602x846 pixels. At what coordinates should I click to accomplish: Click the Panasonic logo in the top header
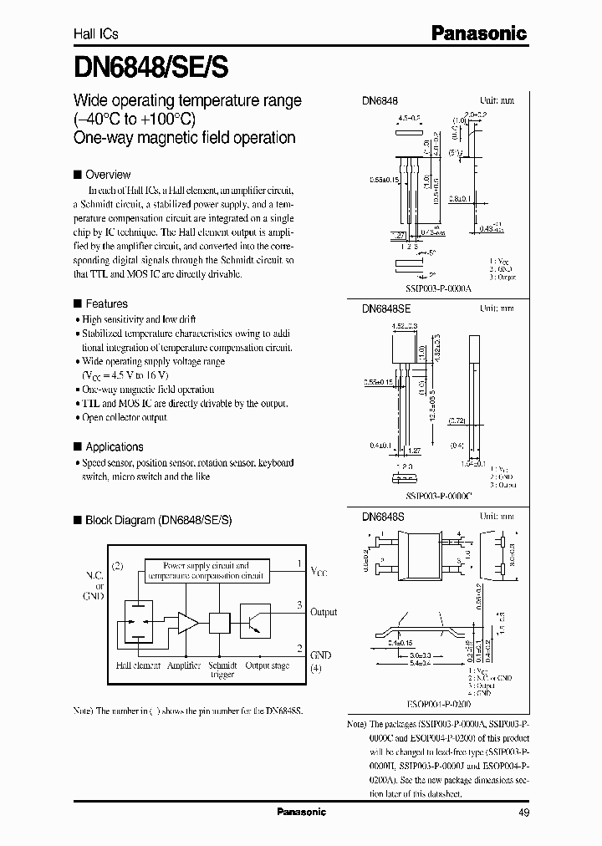point(479,33)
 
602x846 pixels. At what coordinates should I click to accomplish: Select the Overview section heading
point(108,175)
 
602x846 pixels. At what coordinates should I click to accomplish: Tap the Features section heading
point(106,304)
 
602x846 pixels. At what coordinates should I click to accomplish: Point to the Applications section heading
point(114,446)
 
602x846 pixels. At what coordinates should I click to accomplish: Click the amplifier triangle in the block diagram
point(186,622)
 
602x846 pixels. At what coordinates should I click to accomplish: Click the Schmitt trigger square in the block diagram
point(218,622)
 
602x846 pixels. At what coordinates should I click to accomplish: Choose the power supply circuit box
point(206,571)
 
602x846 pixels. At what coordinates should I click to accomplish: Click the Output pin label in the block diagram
point(324,612)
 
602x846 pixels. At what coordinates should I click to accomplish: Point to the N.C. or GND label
point(93,585)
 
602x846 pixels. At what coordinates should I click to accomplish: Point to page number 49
point(523,812)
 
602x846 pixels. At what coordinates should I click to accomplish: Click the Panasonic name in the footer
point(301,812)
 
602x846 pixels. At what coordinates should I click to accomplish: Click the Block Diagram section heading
point(158,520)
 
